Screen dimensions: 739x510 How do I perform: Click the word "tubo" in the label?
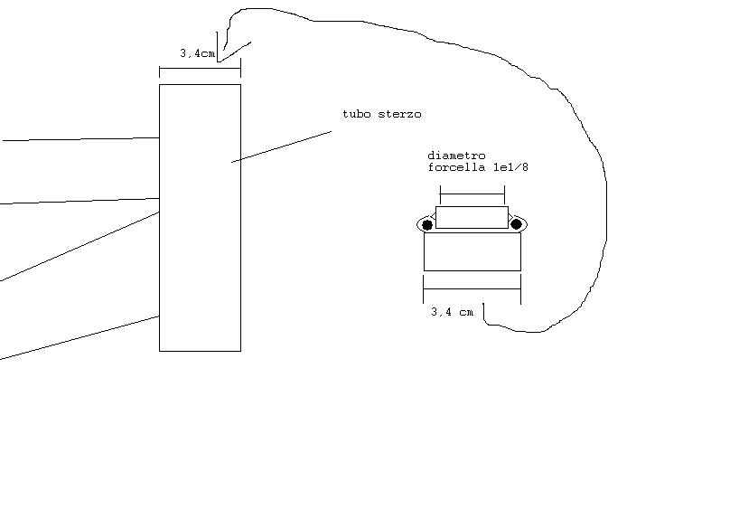pyautogui.click(x=356, y=114)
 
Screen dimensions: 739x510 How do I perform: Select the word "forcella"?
pyautogui.click(x=456, y=167)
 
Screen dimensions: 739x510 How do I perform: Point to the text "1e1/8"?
pyautogui.click(x=510, y=167)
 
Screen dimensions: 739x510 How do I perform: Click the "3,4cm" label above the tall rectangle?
pyautogui.click(x=197, y=53)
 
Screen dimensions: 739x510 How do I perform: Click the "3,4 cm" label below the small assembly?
pyautogui.click(x=452, y=312)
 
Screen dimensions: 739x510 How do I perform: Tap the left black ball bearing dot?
pyautogui.click(x=427, y=225)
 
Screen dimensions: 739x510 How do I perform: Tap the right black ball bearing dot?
pyautogui.click(x=516, y=224)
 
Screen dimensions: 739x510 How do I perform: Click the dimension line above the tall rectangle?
pyautogui.click(x=200, y=69)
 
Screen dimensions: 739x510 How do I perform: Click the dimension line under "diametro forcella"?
pyautogui.click(x=472, y=194)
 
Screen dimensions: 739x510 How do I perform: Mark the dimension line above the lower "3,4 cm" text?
pyautogui.click(x=472, y=288)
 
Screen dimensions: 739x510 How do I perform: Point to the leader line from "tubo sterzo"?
pyautogui.click(x=281, y=146)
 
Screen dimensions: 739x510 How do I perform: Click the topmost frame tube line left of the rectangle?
pyautogui.click(x=81, y=139)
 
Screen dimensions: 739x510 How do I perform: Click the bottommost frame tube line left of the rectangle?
pyautogui.click(x=80, y=338)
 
